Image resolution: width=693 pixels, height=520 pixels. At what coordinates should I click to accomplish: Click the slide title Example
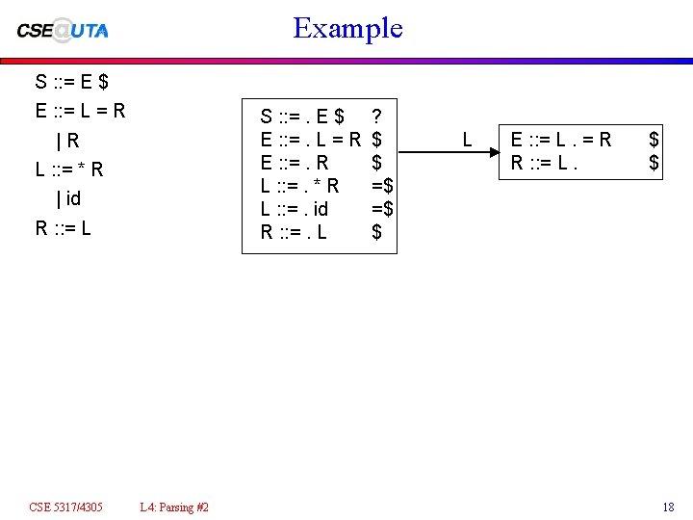[347, 28]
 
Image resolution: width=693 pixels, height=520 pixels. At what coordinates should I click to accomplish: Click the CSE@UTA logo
[64, 29]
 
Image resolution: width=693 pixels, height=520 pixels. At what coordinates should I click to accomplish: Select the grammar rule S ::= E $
[71, 82]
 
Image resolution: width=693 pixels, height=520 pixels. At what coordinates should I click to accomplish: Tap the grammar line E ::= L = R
[80, 110]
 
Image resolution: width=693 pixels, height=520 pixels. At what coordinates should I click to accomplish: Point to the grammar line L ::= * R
[69, 170]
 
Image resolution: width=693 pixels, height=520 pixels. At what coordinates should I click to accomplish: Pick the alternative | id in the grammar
[68, 199]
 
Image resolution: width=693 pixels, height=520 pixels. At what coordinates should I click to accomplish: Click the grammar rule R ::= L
[64, 229]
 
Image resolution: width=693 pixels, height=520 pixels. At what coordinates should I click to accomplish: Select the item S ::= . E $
[302, 117]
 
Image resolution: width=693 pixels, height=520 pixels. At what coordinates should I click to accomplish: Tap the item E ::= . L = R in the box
[311, 141]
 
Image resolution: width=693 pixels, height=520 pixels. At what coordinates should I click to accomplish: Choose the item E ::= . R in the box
[295, 163]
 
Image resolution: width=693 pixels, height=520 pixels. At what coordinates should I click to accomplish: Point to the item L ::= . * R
[299, 186]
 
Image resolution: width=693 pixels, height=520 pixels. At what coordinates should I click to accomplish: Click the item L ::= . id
[295, 208]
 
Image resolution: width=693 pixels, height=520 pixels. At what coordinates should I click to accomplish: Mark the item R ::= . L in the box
[294, 231]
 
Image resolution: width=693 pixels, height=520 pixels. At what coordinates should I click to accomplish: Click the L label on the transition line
[467, 141]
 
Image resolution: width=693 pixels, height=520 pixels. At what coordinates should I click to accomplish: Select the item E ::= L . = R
[560, 141]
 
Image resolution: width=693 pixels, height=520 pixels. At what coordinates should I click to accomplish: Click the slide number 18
[668, 507]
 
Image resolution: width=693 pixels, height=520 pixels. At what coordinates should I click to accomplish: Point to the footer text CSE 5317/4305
[66, 507]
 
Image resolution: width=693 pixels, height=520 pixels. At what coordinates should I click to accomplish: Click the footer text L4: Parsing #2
[174, 507]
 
